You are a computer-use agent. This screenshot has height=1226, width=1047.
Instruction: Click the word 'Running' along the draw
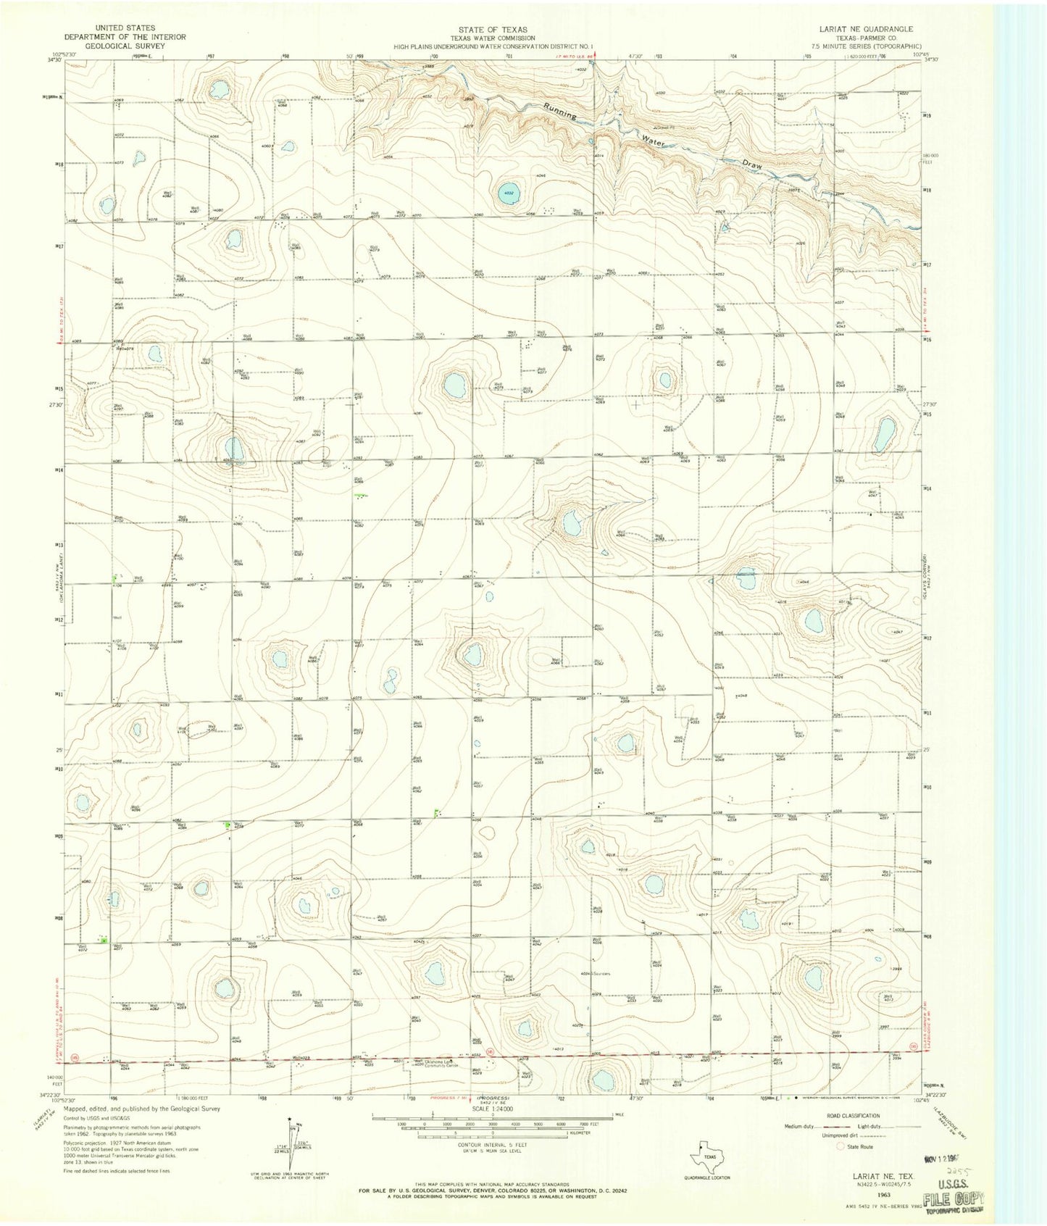(x=561, y=111)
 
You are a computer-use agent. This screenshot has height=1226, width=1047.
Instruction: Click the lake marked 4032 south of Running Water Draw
(x=507, y=193)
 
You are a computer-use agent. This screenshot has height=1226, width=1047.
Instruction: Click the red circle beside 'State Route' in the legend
(x=841, y=1146)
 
